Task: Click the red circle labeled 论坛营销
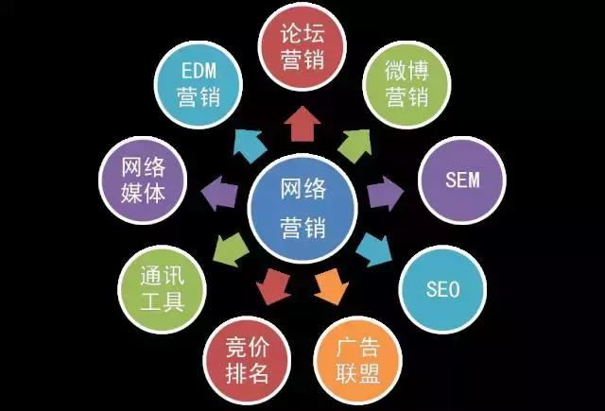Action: (x=302, y=46)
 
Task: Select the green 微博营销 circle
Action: (x=406, y=84)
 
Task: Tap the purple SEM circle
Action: (x=462, y=180)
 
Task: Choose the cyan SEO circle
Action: (x=442, y=289)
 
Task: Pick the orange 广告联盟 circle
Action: (x=358, y=361)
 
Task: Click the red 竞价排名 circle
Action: (x=247, y=361)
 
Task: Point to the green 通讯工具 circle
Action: (x=162, y=289)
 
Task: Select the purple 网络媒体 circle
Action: (x=143, y=180)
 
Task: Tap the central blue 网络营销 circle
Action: (x=302, y=208)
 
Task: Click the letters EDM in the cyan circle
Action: (x=199, y=71)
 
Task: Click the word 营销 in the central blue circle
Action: (x=302, y=228)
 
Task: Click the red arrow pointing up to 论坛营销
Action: (x=302, y=124)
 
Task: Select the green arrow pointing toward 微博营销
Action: (x=355, y=146)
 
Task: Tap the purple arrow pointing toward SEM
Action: (x=385, y=193)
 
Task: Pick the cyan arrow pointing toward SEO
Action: (x=374, y=249)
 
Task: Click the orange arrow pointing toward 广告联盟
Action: (x=332, y=287)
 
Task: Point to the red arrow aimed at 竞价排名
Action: (x=273, y=287)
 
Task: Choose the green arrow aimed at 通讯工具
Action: (x=231, y=249)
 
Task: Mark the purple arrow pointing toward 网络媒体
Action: (x=219, y=193)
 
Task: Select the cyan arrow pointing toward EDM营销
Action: (x=250, y=146)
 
